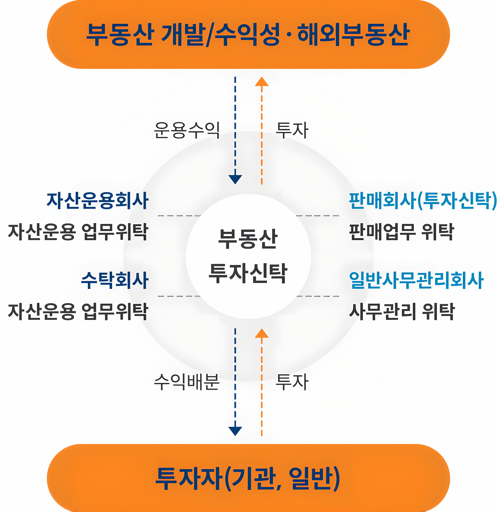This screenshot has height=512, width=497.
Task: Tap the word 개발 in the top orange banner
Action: click(x=182, y=35)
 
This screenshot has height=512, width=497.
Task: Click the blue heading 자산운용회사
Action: click(x=98, y=201)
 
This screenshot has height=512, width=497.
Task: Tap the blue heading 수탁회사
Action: click(x=115, y=280)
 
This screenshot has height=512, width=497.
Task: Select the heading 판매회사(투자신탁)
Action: click(x=422, y=201)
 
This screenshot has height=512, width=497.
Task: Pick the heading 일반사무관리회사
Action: click(x=416, y=280)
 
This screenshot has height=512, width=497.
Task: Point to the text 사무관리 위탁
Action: click(x=402, y=312)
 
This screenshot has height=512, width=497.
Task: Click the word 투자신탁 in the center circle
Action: click(x=248, y=273)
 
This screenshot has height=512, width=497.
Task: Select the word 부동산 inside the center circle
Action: click(x=248, y=239)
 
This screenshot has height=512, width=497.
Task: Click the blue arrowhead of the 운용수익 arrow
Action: click(x=235, y=179)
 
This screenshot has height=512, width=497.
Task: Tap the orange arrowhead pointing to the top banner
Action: click(x=262, y=81)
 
